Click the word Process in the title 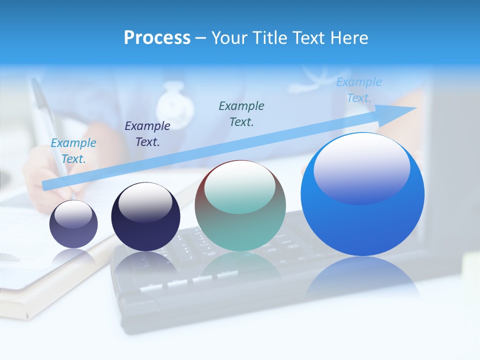157,38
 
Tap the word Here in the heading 348,38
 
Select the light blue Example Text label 73,151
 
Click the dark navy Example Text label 147,134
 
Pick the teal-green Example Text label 241,113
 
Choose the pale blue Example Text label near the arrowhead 359,90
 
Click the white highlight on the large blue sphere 361,167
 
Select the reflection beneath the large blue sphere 362,277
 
